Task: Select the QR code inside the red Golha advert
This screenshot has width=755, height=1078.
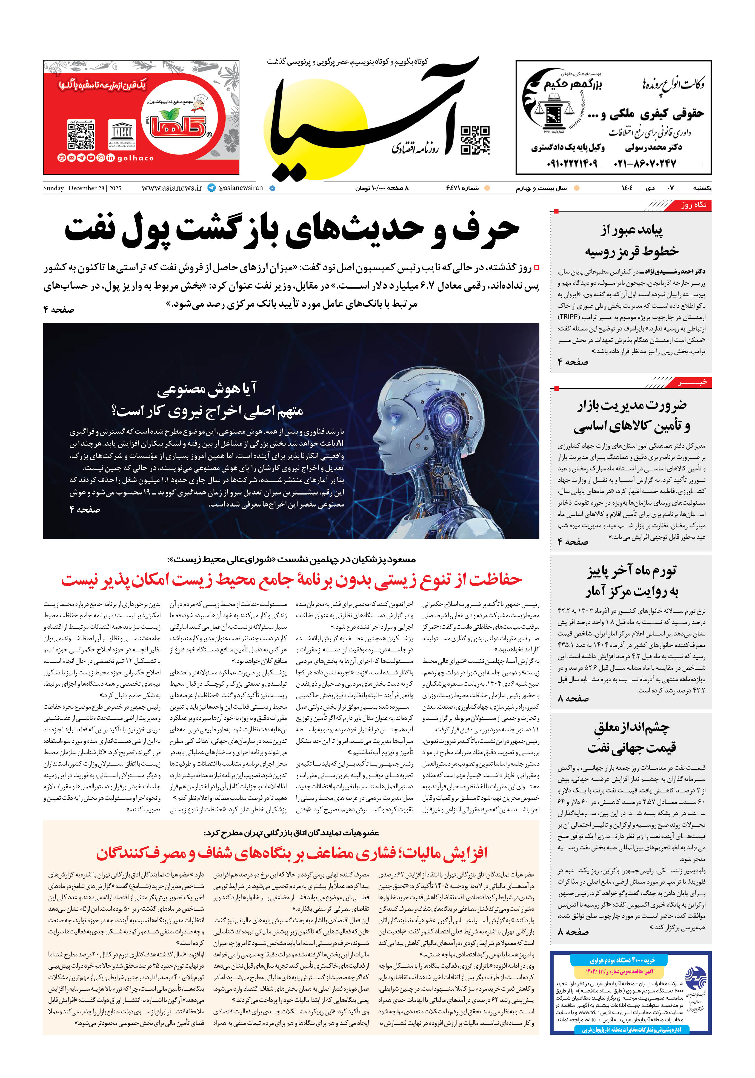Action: tap(81, 134)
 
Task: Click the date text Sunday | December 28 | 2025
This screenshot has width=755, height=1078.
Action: tap(82, 188)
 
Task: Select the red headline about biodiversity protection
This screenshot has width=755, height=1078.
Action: tap(291, 579)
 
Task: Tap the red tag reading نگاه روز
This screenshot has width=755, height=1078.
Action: tap(693, 205)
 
